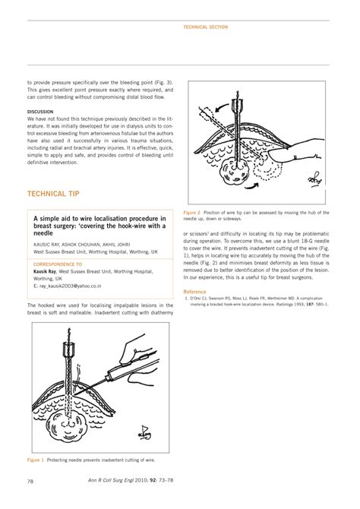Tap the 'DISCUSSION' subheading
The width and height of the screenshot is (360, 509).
click(41, 112)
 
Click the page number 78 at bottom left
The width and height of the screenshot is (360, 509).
click(30, 482)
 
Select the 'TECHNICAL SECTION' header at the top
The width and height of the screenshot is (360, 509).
click(206, 27)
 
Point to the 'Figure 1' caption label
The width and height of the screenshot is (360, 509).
click(36, 460)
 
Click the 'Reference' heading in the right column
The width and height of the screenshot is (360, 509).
click(194, 292)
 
